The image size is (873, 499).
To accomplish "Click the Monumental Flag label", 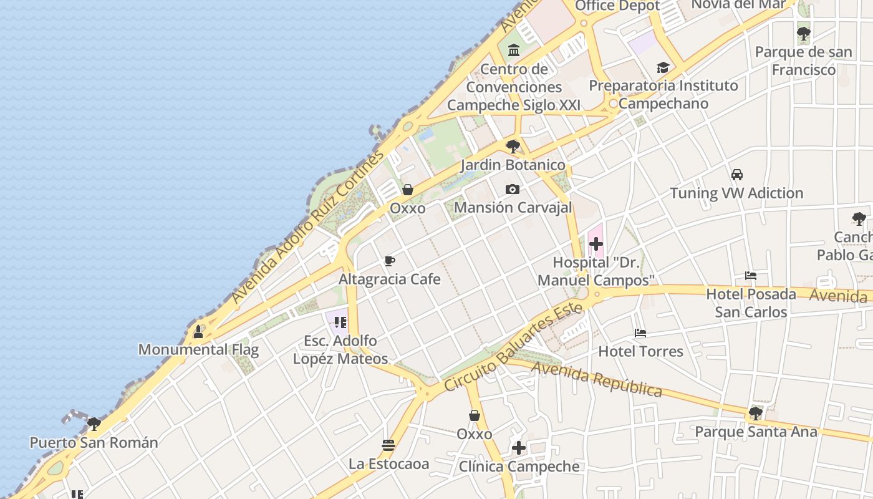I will click(x=198, y=349).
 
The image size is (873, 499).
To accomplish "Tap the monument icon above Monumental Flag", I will click(x=198, y=331).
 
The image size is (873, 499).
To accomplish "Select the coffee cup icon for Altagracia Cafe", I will click(x=390, y=261).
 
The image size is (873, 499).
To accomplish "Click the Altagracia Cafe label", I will click(x=390, y=279).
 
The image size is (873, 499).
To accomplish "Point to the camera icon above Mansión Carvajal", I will click(x=513, y=189).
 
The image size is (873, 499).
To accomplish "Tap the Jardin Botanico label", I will click(x=513, y=165).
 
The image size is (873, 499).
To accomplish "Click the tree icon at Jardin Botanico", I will click(x=513, y=147).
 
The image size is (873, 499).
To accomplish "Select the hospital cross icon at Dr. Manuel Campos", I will click(x=596, y=244).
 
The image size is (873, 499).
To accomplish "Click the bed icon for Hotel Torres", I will click(x=640, y=333).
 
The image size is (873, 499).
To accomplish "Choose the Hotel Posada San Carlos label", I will click(x=751, y=303).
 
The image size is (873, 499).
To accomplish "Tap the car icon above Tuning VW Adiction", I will click(x=737, y=175).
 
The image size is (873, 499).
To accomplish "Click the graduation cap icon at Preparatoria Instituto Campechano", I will click(x=663, y=67).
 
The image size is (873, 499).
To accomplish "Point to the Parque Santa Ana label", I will click(x=756, y=432).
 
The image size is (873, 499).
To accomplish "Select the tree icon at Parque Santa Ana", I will click(x=756, y=413).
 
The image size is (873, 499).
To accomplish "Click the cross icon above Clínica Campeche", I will click(x=519, y=448).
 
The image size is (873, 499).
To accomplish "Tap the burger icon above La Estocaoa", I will click(x=388, y=445).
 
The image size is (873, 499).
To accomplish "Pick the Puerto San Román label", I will click(x=94, y=443).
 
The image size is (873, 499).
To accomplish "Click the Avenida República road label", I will click(x=596, y=380).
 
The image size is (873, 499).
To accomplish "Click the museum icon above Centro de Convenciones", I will click(x=514, y=50).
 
